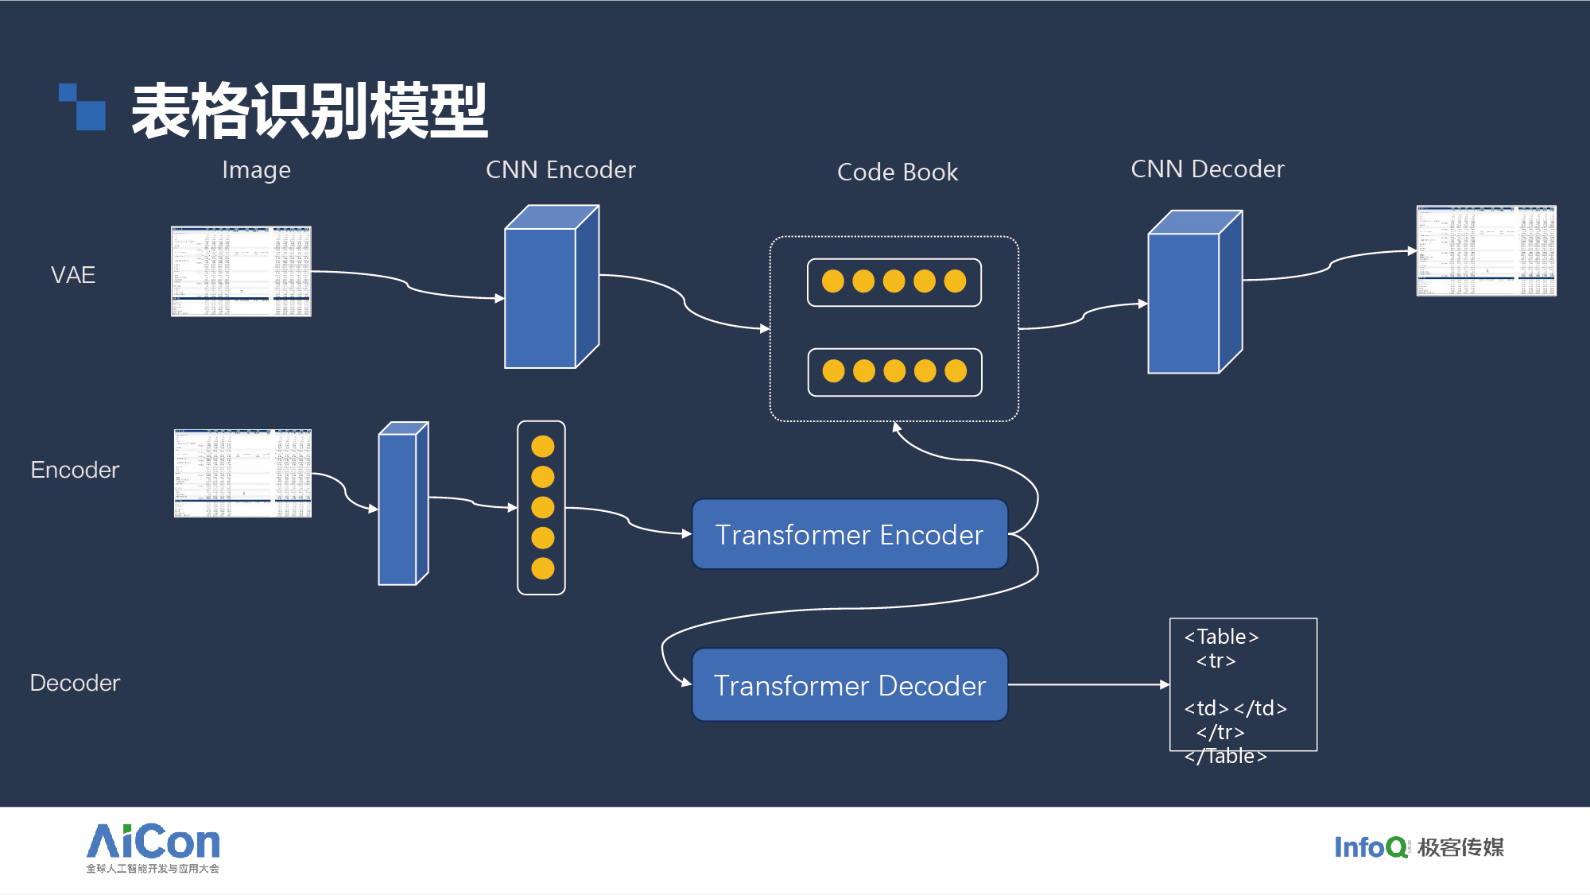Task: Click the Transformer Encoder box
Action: (x=850, y=534)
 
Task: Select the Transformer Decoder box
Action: (x=850, y=685)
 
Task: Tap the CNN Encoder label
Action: (x=560, y=169)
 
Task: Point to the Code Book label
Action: (x=898, y=172)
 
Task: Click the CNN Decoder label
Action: (x=1207, y=169)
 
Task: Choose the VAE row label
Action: (x=73, y=275)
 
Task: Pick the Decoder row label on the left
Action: (x=75, y=683)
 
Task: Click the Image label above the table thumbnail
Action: (x=256, y=170)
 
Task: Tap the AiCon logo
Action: (x=153, y=847)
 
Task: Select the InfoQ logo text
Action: (x=1370, y=847)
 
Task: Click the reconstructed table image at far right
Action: (x=1486, y=251)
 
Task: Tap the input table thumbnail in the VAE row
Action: (x=241, y=272)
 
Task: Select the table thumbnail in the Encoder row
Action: (x=242, y=474)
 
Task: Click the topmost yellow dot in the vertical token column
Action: (x=543, y=447)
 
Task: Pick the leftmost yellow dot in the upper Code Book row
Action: (x=833, y=281)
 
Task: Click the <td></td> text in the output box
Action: (x=1235, y=708)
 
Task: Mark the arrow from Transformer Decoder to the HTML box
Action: (x=1089, y=684)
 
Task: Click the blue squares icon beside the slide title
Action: (x=83, y=107)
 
